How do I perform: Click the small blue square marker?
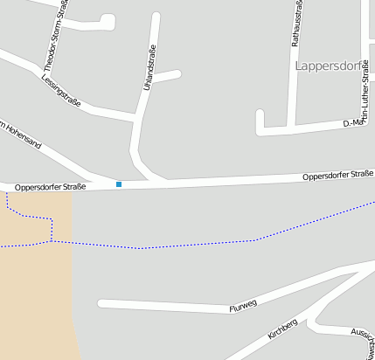(119, 183)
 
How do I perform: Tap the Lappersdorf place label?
(331, 66)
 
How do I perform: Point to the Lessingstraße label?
(60, 89)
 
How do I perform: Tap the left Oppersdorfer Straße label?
(50, 187)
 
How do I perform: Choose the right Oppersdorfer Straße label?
(337, 176)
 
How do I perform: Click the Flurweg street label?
(242, 306)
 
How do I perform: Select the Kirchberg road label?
(283, 329)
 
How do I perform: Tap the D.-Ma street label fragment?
(353, 123)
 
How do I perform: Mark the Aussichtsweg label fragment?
(360, 336)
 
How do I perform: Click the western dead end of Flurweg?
(101, 303)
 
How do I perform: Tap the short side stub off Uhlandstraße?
(168, 76)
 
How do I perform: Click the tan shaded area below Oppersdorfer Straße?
(35, 280)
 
